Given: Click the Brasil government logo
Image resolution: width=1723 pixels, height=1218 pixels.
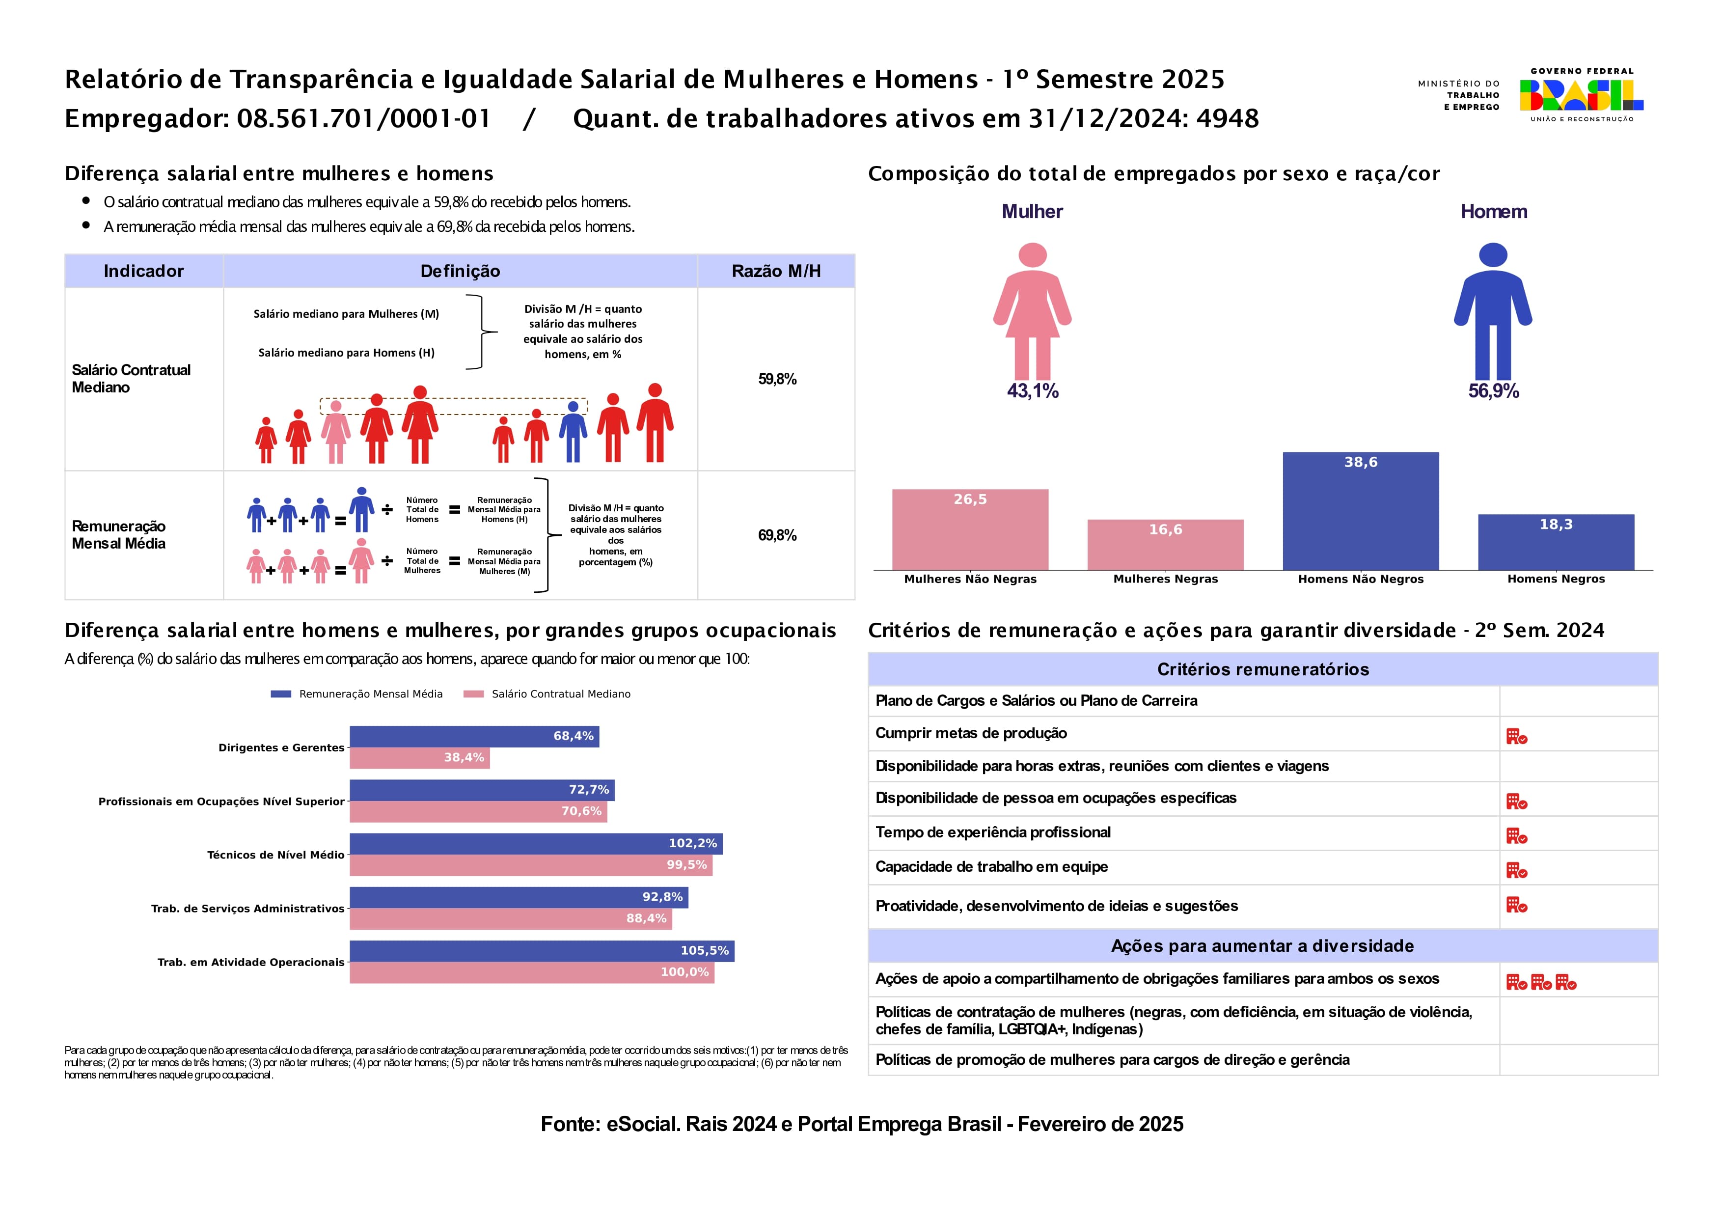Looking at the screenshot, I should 1581,95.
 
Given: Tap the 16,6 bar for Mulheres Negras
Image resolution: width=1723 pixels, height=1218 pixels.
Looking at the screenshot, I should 1165,544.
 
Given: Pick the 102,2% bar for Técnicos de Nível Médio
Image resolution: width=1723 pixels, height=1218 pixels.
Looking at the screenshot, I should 535,844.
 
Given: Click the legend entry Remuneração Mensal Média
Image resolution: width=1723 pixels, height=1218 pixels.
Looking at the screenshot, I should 370,694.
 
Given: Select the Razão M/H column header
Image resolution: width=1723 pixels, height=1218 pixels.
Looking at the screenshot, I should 775,271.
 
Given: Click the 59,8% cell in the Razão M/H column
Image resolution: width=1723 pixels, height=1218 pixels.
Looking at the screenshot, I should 777,379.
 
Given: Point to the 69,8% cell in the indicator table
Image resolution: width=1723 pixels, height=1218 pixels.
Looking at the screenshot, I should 777,535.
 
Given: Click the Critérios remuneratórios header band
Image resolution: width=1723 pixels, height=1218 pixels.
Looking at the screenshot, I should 1262,669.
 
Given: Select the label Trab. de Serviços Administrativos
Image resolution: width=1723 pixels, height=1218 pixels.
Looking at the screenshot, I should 247,909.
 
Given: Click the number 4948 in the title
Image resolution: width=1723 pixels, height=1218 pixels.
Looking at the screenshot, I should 1227,118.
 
